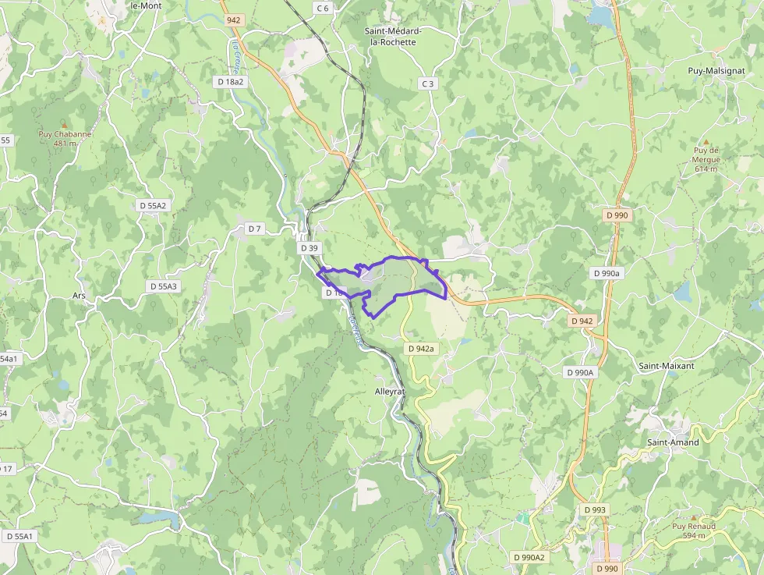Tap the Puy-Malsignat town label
pos(716,70)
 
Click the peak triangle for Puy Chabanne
pos(65,124)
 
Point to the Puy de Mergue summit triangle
pos(706,141)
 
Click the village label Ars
pos(78,296)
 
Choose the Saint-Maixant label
pos(666,365)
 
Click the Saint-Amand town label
pos(673,442)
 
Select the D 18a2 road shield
pos(230,82)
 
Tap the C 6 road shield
pos(323,8)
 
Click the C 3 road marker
pos(426,83)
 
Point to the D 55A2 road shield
pos(153,205)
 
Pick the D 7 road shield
pos(255,229)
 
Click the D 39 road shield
pos(309,248)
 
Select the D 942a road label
pos(419,349)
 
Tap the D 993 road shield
pos(596,509)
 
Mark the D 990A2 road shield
pos(529,557)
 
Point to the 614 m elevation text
pos(706,169)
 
